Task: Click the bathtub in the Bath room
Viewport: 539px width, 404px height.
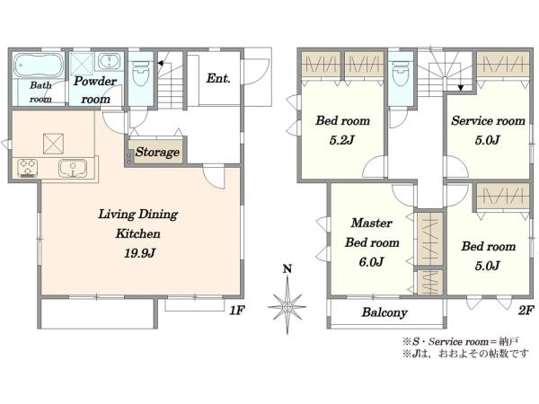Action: [x=39, y=65]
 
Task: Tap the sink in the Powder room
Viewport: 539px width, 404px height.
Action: [x=110, y=61]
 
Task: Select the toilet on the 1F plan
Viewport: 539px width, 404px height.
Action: [x=141, y=74]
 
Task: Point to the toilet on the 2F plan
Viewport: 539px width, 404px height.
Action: [x=401, y=74]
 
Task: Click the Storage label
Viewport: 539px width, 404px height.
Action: [x=157, y=152]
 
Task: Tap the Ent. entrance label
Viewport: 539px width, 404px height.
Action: [x=218, y=78]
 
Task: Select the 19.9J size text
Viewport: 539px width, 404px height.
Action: [x=139, y=253]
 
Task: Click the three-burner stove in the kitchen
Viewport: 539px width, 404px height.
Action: [x=28, y=168]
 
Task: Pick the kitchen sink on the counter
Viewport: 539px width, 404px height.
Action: [x=73, y=169]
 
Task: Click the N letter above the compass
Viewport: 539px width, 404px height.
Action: [x=287, y=268]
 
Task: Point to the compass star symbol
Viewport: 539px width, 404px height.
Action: [x=287, y=305]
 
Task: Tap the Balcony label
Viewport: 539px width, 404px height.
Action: [x=384, y=312]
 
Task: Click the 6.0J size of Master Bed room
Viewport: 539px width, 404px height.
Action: [x=371, y=262]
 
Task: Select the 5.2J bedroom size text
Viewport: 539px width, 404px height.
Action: [x=341, y=140]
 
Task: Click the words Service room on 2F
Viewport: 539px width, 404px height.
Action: [x=488, y=120]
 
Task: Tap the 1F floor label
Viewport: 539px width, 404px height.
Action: [x=237, y=311]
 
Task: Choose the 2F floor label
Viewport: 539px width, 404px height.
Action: [x=526, y=311]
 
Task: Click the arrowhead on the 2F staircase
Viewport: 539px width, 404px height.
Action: [x=461, y=88]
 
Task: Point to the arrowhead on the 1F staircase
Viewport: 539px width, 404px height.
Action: [x=160, y=63]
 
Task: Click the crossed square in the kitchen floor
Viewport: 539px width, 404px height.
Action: [x=53, y=144]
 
